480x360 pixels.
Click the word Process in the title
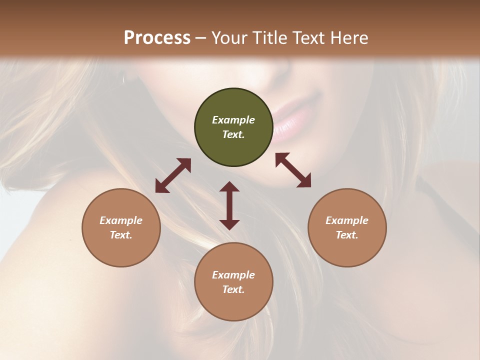157,38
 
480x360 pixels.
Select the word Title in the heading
267,38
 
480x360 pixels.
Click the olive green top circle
233,127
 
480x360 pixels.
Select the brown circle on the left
121,227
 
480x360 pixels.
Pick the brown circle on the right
347,227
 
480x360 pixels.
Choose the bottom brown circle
233,282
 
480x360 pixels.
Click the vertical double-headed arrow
229,205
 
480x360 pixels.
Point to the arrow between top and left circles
173,175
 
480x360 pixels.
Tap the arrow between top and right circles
293,170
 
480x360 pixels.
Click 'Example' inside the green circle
233,120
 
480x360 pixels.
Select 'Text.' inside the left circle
121,235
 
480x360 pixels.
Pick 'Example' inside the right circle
347,220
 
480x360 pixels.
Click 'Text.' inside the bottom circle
233,289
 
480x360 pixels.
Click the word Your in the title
230,38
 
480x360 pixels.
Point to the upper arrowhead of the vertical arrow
229,187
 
